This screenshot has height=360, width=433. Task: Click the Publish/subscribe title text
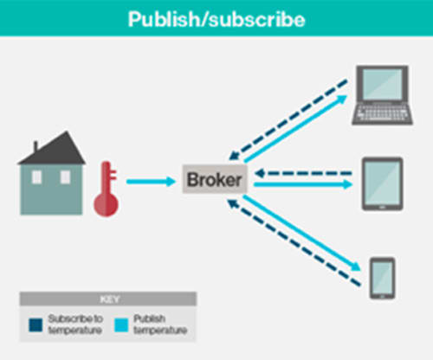[x=216, y=19]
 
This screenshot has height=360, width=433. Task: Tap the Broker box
[x=215, y=179]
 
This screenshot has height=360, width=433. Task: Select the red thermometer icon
[x=107, y=189]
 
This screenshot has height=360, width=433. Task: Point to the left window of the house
[x=36, y=177]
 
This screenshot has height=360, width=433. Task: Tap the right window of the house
[x=65, y=177]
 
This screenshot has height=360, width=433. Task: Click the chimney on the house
[x=36, y=146]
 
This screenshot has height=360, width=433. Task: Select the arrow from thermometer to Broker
[x=151, y=182]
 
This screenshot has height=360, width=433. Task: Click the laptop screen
[x=382, y=85]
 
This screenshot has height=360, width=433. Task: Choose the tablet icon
[x=383, y=183]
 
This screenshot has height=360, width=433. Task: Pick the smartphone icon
[x=383, y=279]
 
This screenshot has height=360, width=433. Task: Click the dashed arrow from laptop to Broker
[x=288, y=119]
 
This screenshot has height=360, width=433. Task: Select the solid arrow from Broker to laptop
[x=295, y=129]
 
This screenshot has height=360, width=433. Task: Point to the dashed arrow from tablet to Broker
[x=303, y=173]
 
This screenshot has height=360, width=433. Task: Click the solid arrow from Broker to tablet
[x=303, y=184]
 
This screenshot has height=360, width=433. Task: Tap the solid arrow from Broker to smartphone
[x=302, y=234]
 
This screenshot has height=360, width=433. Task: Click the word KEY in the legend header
[x=109, y=299]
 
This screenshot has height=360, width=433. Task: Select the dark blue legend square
[x=36, y=325]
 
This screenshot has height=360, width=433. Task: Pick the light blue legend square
[x=121, y=325]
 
